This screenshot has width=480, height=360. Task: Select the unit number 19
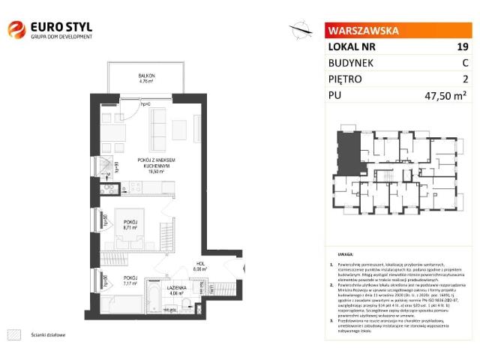coord(462,46)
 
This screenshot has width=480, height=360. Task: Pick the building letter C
coord(465,63)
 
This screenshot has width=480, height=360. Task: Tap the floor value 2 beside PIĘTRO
coord(465,79)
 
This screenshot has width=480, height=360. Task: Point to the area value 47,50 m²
coord(445,95)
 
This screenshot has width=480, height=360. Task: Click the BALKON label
coord(146,78)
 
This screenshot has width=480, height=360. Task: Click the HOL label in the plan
coord(200,264)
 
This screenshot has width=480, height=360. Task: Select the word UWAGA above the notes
coord(345,255)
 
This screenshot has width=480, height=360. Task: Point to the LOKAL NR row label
coord(352,46)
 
